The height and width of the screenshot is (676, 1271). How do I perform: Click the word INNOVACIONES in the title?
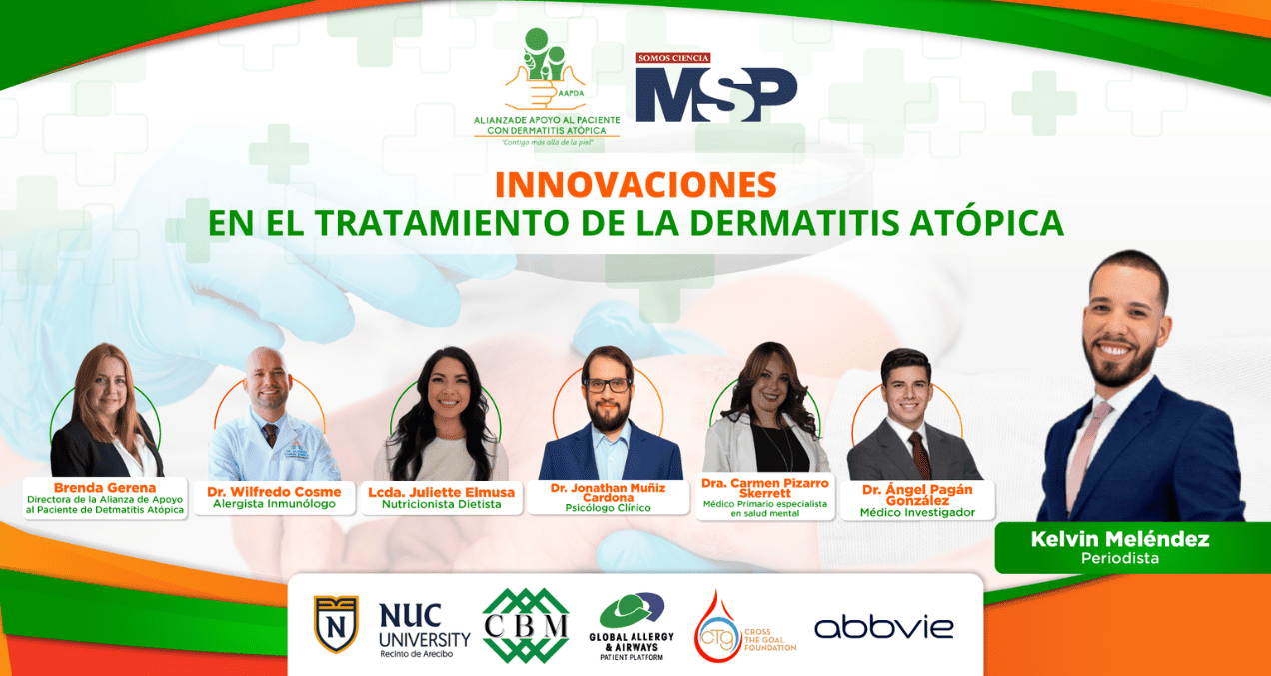[x=635, y=184]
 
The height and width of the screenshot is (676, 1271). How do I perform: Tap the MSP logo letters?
[x=716, y=94]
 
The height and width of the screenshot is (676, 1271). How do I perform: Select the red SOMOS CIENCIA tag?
[x=672, y=58]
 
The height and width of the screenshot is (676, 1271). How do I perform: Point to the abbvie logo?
[x=884, y=627]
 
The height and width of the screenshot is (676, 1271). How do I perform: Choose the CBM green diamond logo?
[x=526, y=625]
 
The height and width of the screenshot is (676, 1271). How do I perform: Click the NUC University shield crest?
[x=336, y=624]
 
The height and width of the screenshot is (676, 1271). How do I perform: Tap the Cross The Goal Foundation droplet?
[x=717, y=628]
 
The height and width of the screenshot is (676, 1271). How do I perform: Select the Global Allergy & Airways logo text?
[x=632, y=646]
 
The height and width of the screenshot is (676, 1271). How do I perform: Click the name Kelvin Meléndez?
[x=1119, y=539]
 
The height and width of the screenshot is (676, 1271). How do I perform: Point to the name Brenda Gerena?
[x=104, y=487]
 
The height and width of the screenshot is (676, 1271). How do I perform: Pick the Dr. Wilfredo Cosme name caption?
[x=274, y=492]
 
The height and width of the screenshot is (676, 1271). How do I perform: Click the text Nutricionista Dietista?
[x=441, y=504]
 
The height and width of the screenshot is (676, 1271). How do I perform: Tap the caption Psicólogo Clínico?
[x=608, y=508]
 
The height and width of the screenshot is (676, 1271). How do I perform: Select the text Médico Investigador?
[x=917, y=512]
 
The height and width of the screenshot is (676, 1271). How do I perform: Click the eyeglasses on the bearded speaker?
[x=608, y=385]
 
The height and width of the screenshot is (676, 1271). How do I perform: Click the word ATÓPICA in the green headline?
[x=987, y=223]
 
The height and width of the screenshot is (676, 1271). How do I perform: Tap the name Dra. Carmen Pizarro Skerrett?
[x=764, y=488]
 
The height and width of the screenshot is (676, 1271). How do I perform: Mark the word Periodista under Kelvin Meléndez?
[x=1119, y=558]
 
